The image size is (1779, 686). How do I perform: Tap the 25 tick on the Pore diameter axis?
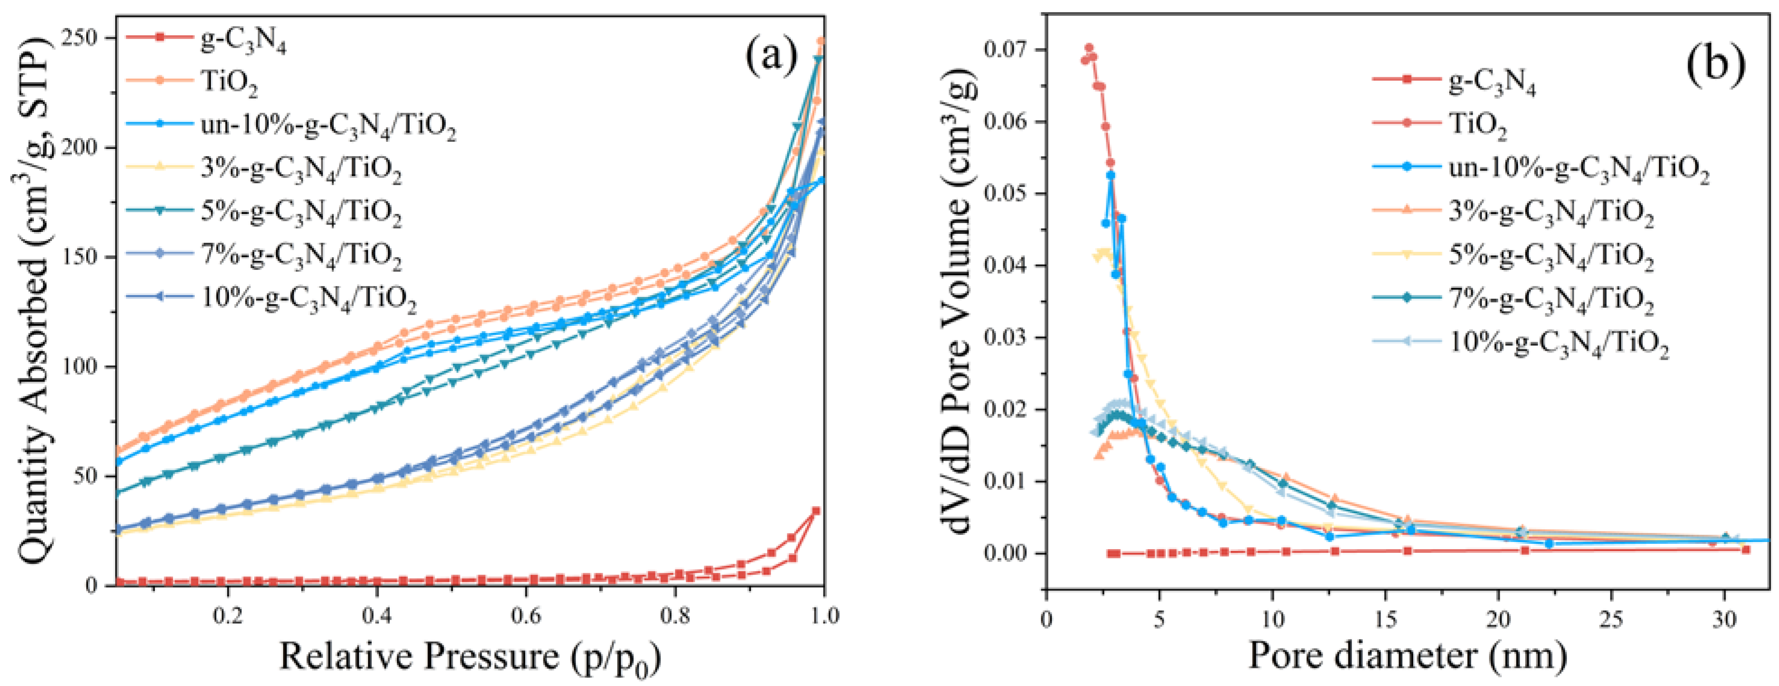(1611, 618)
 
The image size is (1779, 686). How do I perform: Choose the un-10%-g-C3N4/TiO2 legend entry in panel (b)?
(1578, 170)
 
